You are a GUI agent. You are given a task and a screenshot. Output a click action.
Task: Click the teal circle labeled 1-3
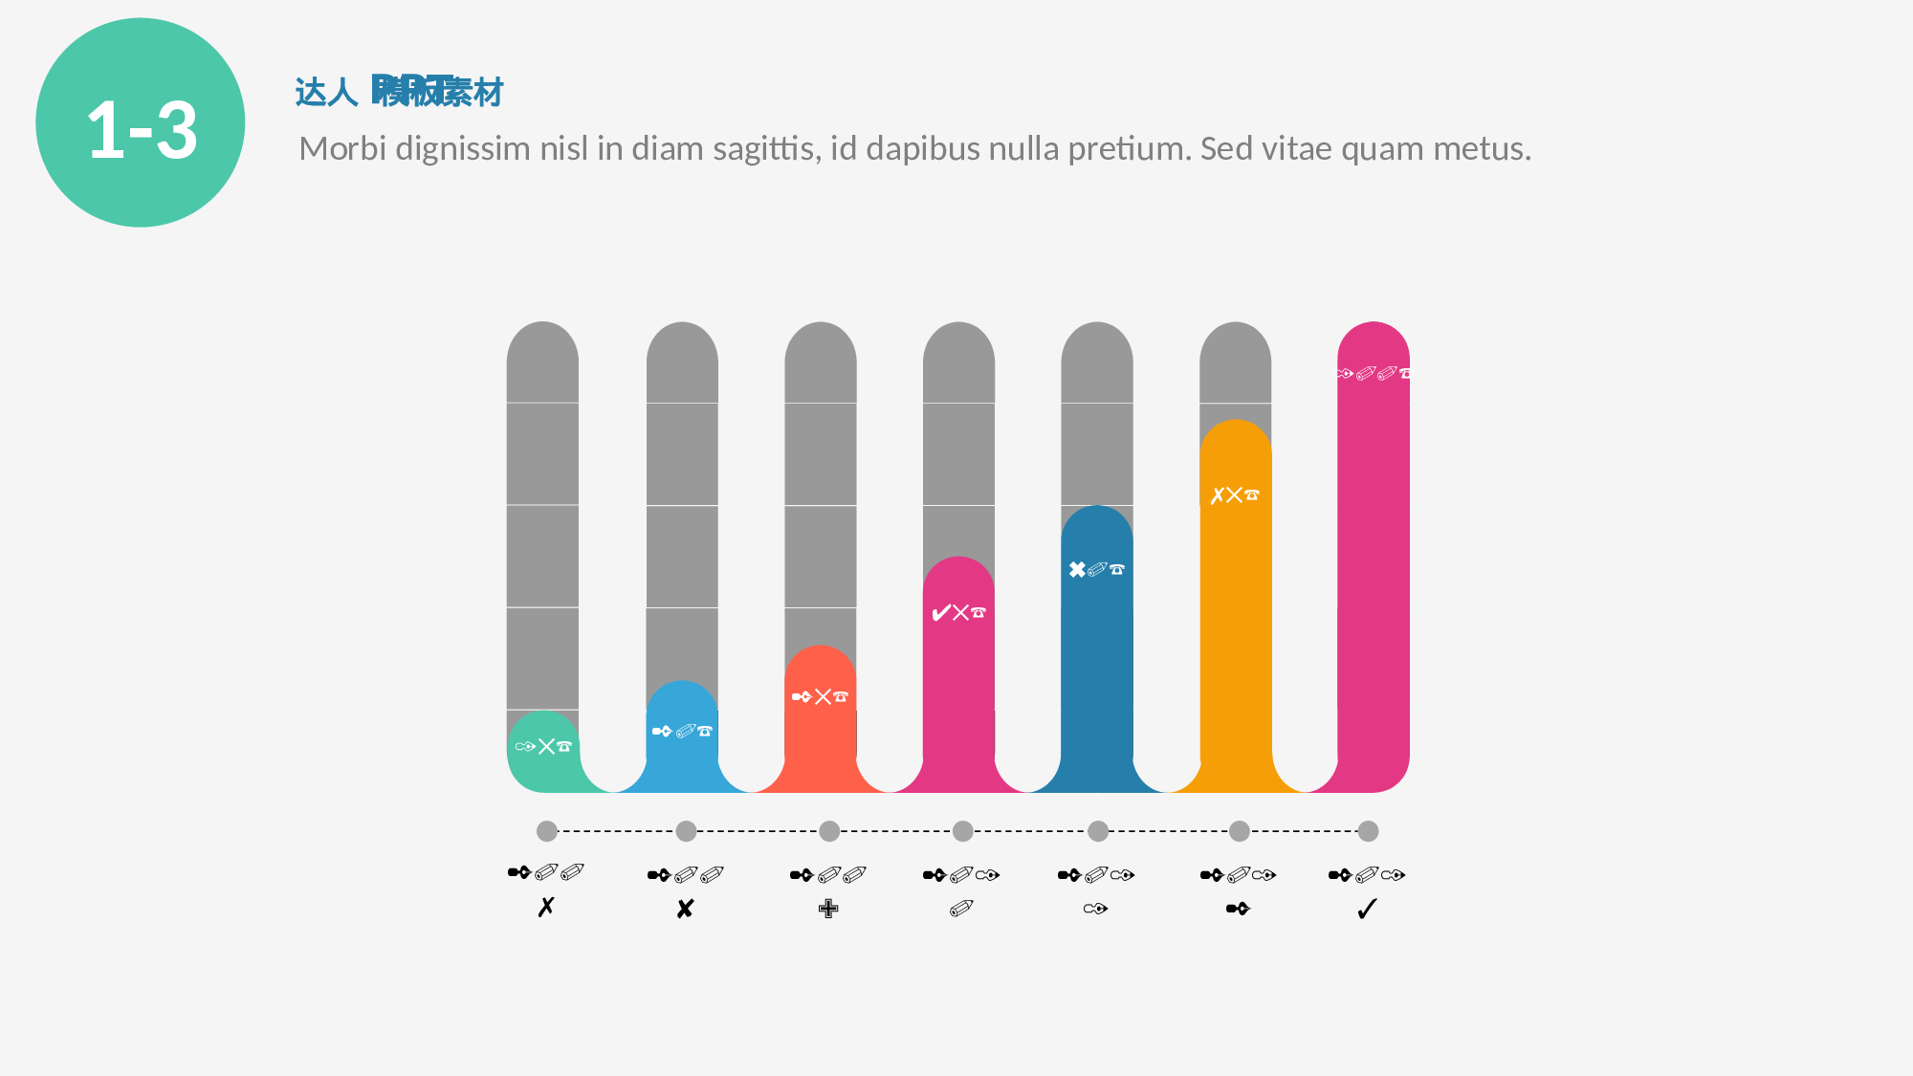pos(141,122)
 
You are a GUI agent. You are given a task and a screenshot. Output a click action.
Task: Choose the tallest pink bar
pos(1373,574)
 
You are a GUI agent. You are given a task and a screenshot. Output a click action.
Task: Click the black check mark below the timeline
pos(1367,909)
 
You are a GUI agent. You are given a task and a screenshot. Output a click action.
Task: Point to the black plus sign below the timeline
pos(828,909)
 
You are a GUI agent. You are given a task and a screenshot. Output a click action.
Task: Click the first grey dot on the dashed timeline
pos(547,831)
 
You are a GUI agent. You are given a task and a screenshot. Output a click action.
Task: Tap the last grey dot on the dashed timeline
pos(1368,831)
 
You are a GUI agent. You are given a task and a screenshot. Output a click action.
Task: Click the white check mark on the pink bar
pos(940,613)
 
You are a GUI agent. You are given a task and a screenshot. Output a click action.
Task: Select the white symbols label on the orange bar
pos(1235,495)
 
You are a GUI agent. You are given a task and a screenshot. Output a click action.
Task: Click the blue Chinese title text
pos(399,92)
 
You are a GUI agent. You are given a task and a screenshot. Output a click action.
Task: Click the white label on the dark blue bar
pos(1096,570)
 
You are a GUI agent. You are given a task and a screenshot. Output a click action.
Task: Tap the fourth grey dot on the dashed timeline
pos(963,831)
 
